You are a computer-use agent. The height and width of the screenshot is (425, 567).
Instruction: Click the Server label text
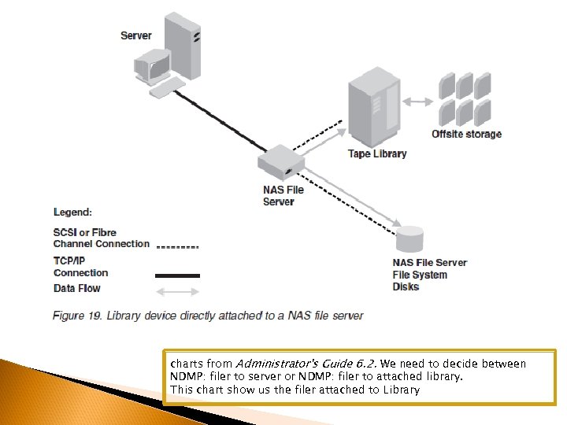137,35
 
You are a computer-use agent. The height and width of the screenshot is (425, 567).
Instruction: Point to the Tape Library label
377,153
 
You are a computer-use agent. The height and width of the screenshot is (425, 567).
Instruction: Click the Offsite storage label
466,135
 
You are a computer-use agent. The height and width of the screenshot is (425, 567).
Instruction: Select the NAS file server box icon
281,164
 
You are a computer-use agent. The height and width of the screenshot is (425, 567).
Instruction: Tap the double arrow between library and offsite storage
419,101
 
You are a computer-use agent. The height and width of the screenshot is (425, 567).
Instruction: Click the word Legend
72,212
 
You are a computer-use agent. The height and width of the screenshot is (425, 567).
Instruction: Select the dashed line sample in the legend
178,246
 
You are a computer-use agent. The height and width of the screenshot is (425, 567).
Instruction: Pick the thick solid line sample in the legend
178,275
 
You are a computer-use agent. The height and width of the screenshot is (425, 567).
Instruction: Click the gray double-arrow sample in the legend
178,294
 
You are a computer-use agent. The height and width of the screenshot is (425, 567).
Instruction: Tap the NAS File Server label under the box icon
283,195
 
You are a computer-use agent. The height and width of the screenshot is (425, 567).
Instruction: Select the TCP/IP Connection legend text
80,267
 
